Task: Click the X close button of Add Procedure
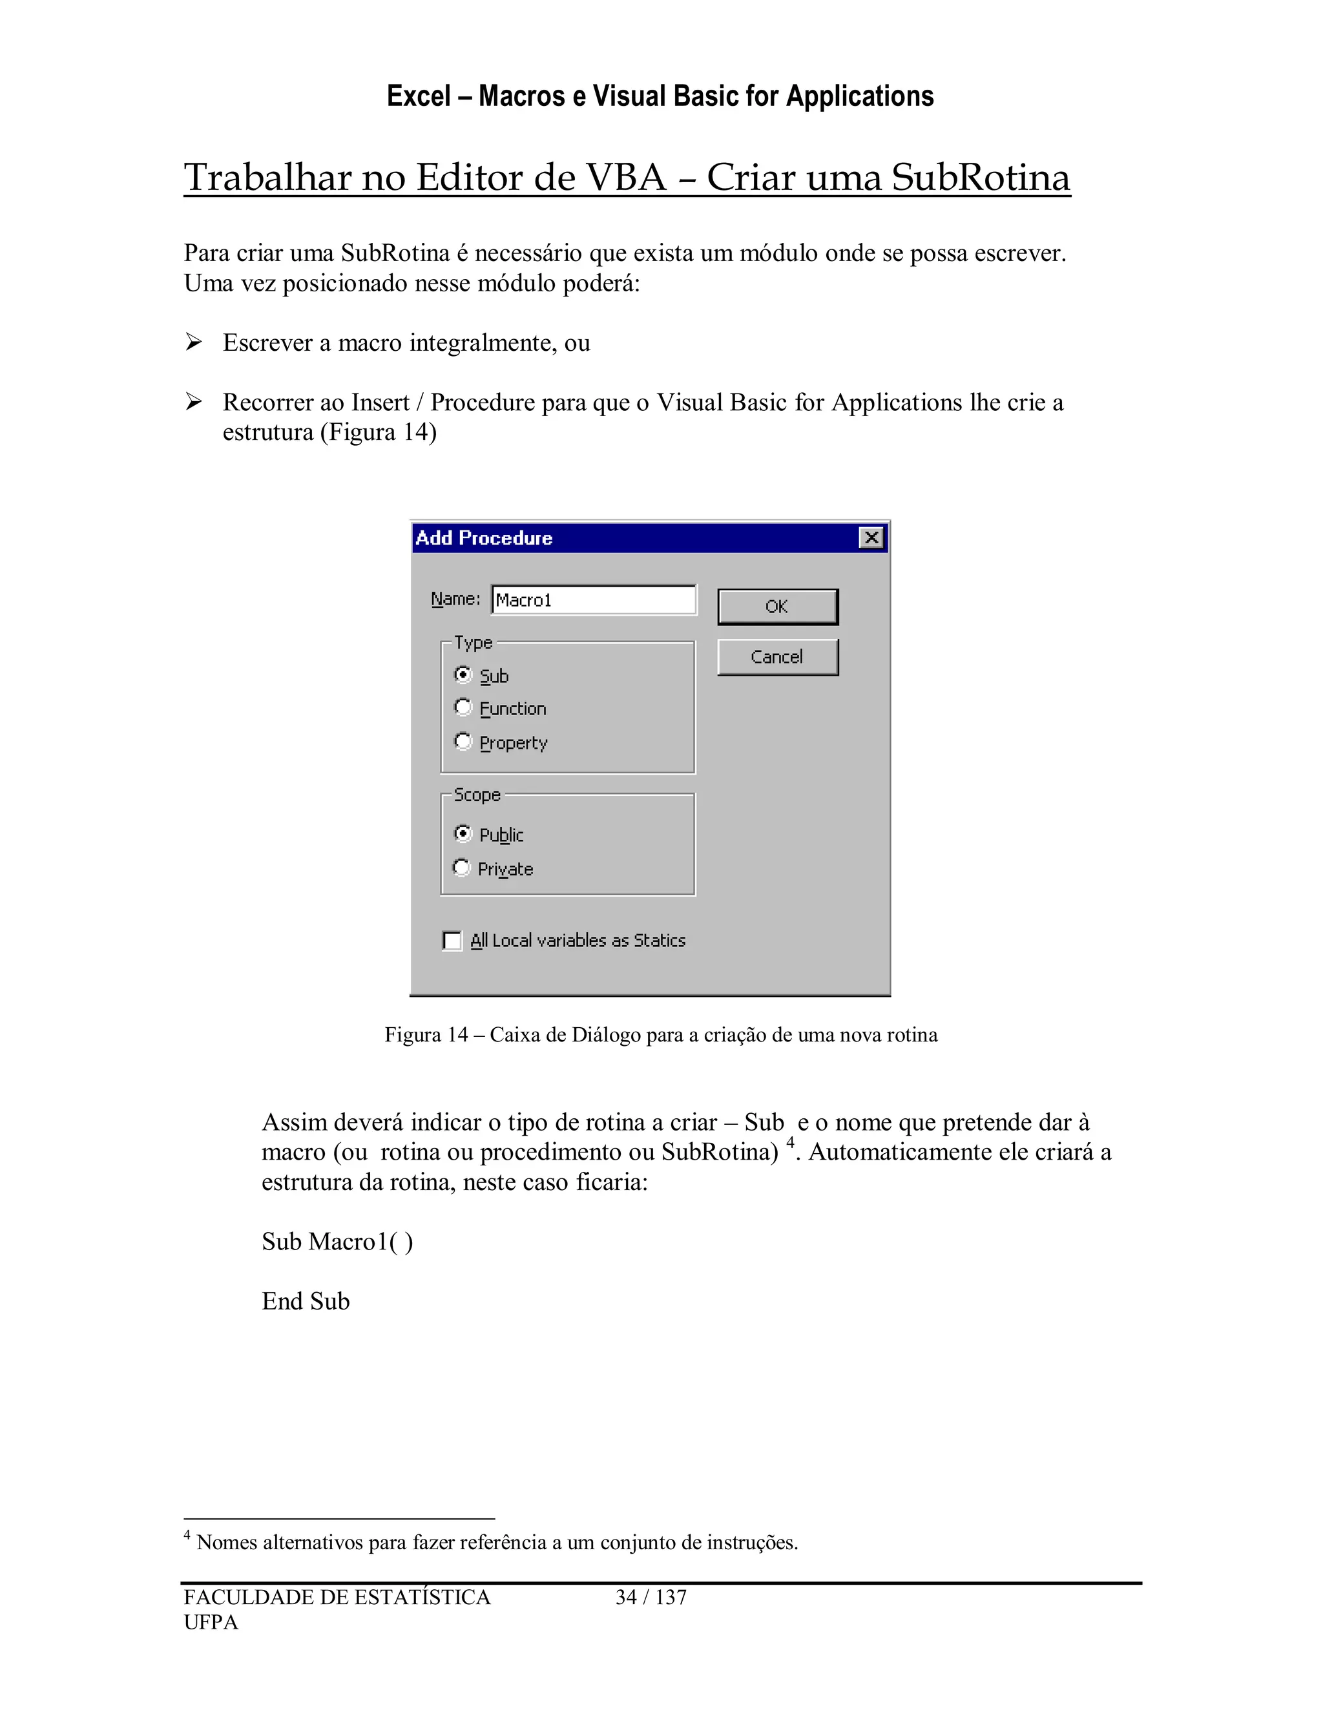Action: [871, 538]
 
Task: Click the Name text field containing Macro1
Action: [593, 600]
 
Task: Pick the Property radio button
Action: [463, 742]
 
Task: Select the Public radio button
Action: [463, 833]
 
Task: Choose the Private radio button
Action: [463, 868]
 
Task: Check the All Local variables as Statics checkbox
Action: [452, 941]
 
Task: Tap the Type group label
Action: [474, 643]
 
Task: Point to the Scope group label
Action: [477, 795]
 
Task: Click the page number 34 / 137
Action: [651, 1598]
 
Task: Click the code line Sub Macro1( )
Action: [337, 1242]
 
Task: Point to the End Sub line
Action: [306, 1301]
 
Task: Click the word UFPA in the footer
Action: [211, 1623]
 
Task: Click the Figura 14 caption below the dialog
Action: [661, 1035]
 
